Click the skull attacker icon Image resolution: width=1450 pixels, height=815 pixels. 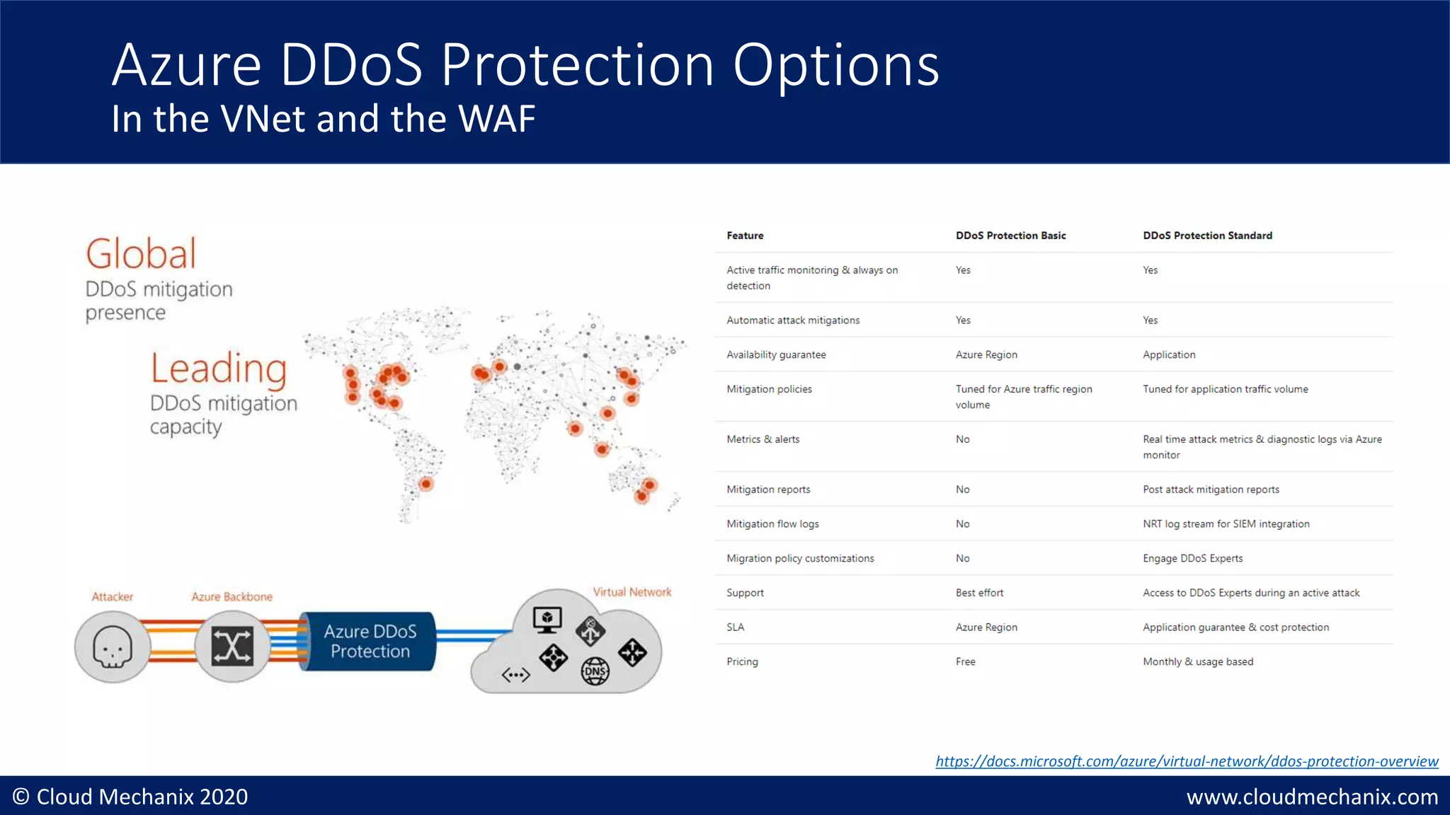pyautogui.click(x=113, y=647)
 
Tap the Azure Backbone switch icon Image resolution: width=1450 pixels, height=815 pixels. pyautogui.click(x=232, y=646)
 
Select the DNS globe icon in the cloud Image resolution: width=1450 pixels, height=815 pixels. pyautogui.click(x=595, y=671)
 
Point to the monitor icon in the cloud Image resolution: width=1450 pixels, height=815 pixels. pyautogui.click(x=547, y=620)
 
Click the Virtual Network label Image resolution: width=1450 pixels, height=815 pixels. pyautogui.click(x=632, y=592)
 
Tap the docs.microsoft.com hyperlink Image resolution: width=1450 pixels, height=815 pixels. pyautogui.click(x=1187, y=761)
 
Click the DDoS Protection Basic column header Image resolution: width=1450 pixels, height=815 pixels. pyautogui.click(x=1010, y=236)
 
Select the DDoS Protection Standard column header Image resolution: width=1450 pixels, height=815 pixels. pyautogui.click(x=1207, y=236)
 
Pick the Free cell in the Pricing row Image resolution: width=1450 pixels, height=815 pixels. pyautogui.click(x=965, y=661)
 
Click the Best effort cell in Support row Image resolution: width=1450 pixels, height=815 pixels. pyautogui.click(x=979, y=593)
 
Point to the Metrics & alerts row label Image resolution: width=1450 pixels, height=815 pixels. pyautogui.click(x=763, y=439)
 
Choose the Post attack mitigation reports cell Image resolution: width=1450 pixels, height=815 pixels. pyautogui.click(x=1211, y=490)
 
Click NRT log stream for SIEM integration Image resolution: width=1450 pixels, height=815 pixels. pyautogui.click(x=1226, y=524)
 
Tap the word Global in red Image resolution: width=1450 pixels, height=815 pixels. pyautogui.click(x=141, y=254)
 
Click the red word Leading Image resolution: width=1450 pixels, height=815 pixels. pyautogui.click(x=219, y=369)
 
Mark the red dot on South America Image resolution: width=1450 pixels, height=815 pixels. pyautogui.click(x=426, y=484)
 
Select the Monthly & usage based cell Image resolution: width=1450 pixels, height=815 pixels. pyautogui.click(x=1197, y=661)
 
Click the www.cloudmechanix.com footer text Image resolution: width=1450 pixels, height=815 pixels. pyautogui.click(x=1312, y=797)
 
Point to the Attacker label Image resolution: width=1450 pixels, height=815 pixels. pyautogui.click(x=112, y=596)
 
